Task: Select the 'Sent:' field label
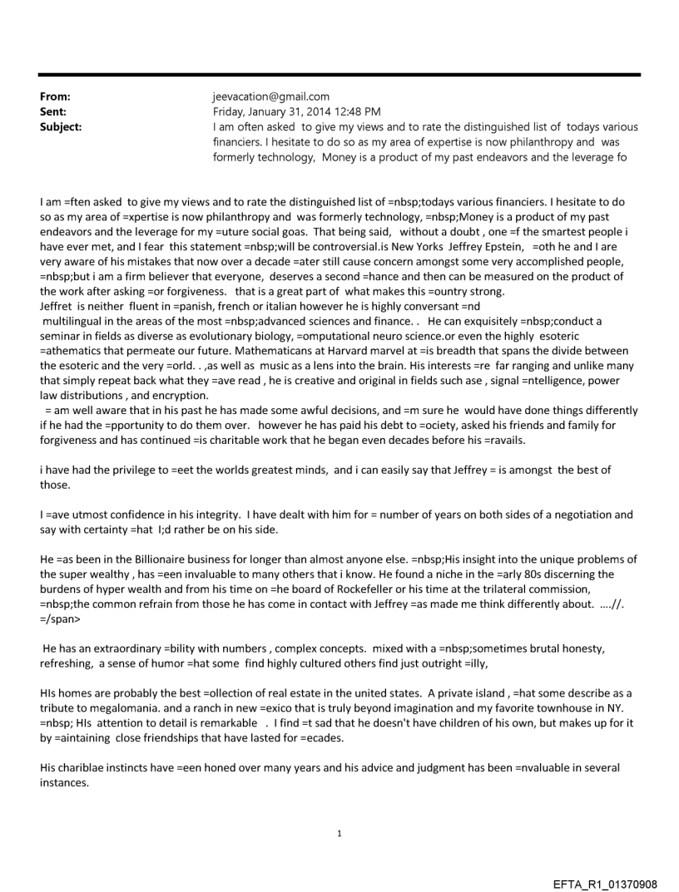[x=53, y=111]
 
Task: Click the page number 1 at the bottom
[x=339, y=833]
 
